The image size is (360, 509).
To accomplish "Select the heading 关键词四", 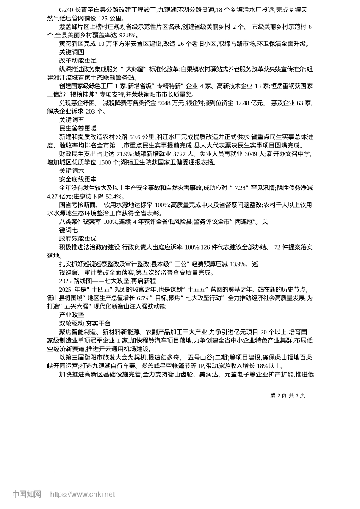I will pyautogui.click(x=72, y=52).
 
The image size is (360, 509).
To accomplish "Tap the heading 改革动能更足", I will pyautogui.click(x=78, y=61).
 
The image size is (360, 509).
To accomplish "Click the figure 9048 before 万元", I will pyautogui.click(x=165, y=103).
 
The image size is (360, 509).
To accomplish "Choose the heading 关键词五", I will pyautogui.click(x=72, y=120).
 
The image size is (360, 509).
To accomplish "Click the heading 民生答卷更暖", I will pyautogui.click(x=78, y=128).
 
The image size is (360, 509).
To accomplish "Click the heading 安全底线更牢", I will pyautogui.click(x=78, y=180).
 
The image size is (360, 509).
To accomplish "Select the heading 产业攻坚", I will pyautogui.click(x=72, y=315).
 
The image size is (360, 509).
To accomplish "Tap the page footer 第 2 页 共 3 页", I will pyautogui.click(x=287, y=395).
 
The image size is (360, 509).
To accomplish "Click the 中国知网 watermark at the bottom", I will pyautogui.click(x=27, y=494).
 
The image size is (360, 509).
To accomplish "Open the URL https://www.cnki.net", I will pyautogui.click(x=82, y=494).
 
